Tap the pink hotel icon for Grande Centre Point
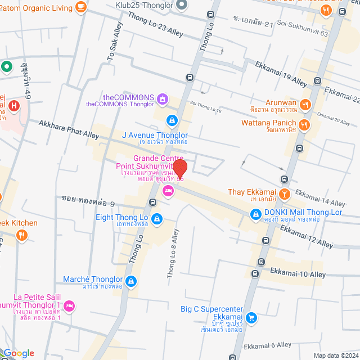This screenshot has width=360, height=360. point(168,192)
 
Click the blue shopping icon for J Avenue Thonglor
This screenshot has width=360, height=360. point(172,120)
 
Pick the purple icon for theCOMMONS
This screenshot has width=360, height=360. point(163,100)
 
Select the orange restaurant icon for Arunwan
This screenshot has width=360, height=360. point(305,103)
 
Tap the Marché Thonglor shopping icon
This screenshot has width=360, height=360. point(130,280)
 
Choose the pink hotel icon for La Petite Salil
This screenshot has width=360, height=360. point(69,305)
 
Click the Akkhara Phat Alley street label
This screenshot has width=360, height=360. point(69,129)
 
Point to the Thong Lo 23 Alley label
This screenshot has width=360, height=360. point(156,25)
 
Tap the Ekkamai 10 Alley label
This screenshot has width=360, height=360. point(298,274)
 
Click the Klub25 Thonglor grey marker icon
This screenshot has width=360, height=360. point(181,5)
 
